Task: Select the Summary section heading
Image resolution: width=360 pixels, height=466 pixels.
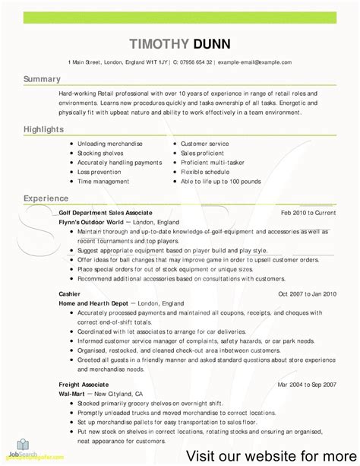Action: [x=42, y=79]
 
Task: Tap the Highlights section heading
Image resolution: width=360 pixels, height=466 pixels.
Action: [x=43, y=130]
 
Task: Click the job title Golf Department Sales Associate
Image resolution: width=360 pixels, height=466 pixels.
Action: [x=106, y=213]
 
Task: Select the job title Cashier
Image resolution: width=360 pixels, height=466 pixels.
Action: [x=70, y=293]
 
